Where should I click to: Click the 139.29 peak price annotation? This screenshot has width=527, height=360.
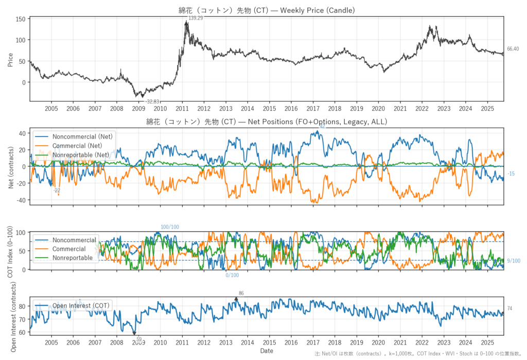(196, 18)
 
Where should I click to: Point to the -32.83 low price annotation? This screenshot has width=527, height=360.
(153, 101)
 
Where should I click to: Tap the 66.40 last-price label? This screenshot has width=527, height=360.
(513, 49)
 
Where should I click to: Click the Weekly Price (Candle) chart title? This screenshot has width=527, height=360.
(266, 10)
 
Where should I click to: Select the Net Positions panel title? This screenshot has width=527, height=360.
(266, 122)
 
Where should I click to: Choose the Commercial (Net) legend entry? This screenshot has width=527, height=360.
(79, 145)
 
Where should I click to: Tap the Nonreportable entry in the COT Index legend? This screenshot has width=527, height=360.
(72, 258)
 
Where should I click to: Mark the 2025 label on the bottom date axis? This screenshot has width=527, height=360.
(487, 342)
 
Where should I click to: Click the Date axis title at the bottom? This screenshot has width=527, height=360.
(266, 351)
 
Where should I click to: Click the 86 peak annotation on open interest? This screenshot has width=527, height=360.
(241, 293)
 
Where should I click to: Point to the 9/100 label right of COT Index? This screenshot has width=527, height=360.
(513, 261)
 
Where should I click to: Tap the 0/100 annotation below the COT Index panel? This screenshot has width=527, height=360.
(232, 275)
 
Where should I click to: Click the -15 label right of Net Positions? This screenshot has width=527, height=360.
(511, 174)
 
